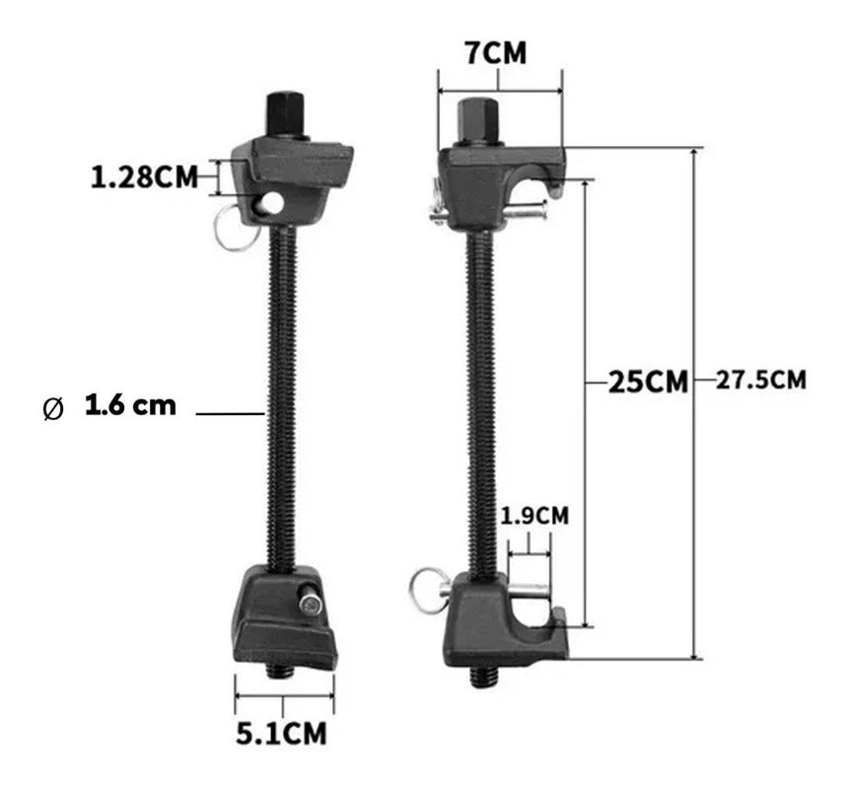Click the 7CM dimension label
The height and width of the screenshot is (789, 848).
click(496, 53)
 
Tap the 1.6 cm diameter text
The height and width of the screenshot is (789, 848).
click(130, 405)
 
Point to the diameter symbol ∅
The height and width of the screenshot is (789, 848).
click(54, 409)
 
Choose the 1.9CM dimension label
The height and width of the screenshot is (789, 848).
click(533, 515)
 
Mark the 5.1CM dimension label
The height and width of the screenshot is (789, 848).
click(282, 734)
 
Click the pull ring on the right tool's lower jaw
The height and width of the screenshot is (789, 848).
click(426, 589)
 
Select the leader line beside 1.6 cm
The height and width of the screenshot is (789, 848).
click(231, 414)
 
